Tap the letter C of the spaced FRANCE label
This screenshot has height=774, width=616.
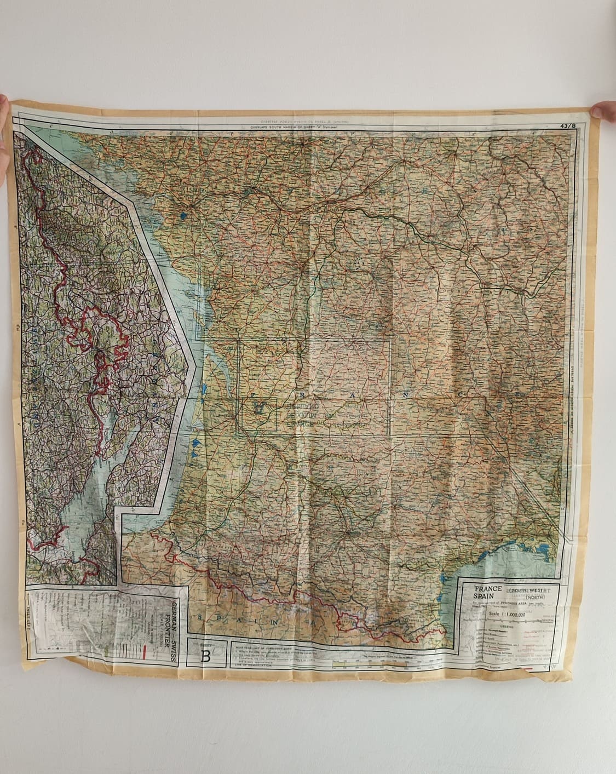[x=461, y=394]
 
